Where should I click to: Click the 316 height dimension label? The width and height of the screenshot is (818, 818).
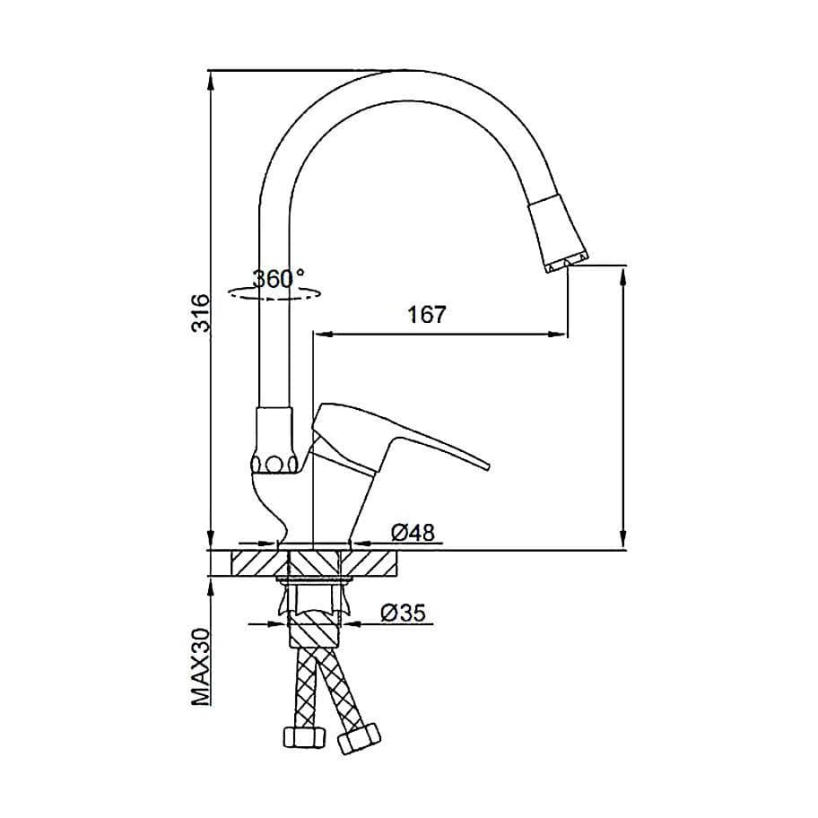coord(200,313)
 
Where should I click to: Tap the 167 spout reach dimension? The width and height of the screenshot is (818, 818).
coord(427,315)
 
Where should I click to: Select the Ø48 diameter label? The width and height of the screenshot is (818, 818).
coord(413,533)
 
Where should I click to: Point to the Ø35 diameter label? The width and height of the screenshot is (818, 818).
coord(404,613)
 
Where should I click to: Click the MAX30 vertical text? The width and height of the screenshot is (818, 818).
coord(200,666)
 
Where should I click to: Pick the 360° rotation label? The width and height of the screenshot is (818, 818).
coord(279,279)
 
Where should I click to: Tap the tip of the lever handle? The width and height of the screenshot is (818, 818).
coord(487,466)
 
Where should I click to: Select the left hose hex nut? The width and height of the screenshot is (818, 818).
coord(304,736)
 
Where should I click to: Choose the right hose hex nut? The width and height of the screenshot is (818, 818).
coord(359,737)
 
